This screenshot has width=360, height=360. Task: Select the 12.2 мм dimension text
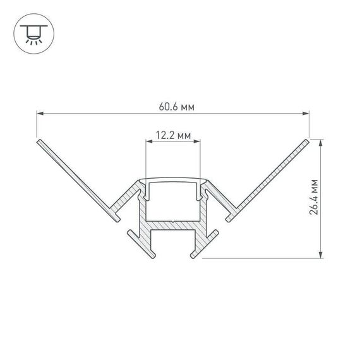[173, 135]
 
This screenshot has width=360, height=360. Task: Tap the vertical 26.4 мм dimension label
[314, 197]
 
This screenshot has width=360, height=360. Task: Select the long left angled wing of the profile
[76, 177]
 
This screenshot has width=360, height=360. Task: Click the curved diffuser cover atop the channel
[173, 181]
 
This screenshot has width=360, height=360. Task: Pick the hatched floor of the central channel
[173, 225]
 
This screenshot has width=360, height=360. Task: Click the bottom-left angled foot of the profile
[142, 243]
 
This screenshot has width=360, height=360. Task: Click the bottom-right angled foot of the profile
[205, 243]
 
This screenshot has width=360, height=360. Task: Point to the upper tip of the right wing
[308, 141]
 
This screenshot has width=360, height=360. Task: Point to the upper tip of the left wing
[39, 141]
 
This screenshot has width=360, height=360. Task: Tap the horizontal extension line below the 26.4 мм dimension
[265, 258]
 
